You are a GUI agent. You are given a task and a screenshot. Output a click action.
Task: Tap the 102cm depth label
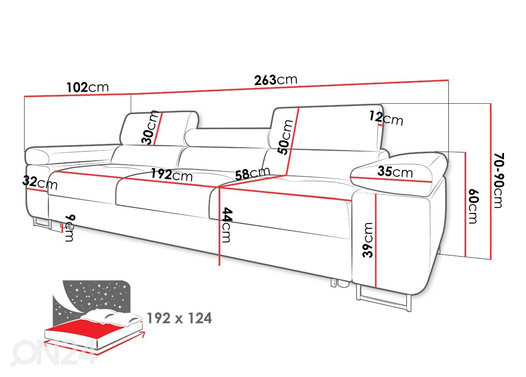(87, 87)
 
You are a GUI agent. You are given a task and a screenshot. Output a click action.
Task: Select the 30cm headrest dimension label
(150, 127)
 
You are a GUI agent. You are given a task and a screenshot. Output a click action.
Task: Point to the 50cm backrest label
(285, 137)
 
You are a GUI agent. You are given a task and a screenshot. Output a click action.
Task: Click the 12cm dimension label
(386, 118)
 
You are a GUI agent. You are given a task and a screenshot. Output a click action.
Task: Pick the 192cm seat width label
(172, 174)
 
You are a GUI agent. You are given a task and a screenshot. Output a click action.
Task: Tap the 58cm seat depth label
(253, 173)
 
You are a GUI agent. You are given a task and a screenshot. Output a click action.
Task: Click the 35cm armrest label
(395, 172)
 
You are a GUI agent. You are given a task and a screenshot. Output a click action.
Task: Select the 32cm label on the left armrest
(40, 183)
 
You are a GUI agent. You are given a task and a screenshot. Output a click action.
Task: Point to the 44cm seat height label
(227, 225)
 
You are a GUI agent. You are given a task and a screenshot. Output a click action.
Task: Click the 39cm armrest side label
(368, 240)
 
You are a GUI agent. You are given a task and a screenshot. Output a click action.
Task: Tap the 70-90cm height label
(499, 180)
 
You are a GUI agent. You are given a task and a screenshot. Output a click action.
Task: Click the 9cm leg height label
(70, 228)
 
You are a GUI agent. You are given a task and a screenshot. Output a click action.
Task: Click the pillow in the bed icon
(112, 318)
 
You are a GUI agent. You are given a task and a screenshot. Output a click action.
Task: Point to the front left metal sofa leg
(42, 223)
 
